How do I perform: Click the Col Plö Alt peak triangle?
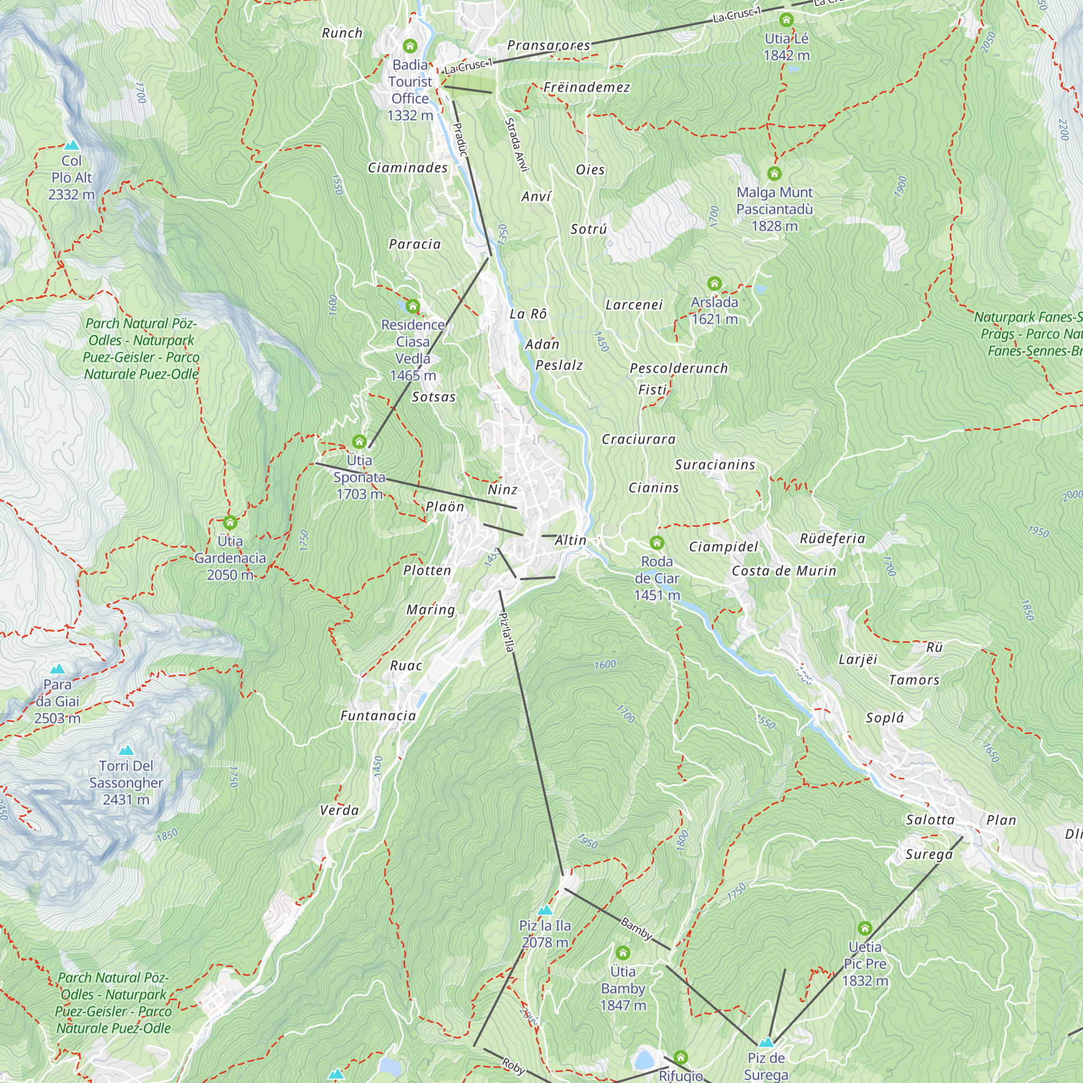tap(71, 145)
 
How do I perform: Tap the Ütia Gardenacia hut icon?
tap(230, 523)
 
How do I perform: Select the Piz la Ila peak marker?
tap(545, 910)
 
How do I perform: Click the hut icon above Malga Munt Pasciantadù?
tap(774, 173)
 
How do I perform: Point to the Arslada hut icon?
tap(714, 283)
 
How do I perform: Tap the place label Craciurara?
tap(638, 440)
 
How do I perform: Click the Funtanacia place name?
tap(379, 716)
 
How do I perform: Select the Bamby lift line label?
tap(637, 928)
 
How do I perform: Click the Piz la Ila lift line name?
tap(506, 632)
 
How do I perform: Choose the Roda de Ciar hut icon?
tap(657, 543)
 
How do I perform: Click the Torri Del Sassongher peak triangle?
tap(126, 750)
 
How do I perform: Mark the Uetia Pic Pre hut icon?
tap(865, 928)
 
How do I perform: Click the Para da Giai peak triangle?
tap(57, 669)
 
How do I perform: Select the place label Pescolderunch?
tap(678, 368)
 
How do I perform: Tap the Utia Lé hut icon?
tap(786, 20)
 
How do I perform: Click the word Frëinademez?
tap(586, 87)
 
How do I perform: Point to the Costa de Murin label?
tap(784, 571)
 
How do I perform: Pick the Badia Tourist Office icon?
tap(410, 46)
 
